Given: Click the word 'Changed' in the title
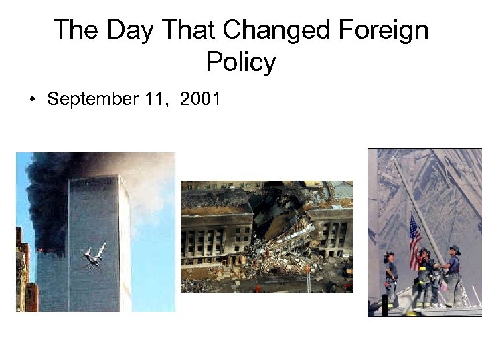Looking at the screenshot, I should tap(279, 31).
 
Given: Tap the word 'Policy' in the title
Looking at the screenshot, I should tap(241, 62).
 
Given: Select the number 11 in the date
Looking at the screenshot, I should tap(155, 100).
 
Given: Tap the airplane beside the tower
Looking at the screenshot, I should tap(94, 255).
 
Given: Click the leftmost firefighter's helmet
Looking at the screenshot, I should tap(388, 255).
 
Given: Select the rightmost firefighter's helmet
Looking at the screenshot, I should tap(455, 249).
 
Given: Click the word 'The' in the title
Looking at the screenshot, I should tap(74, 31).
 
